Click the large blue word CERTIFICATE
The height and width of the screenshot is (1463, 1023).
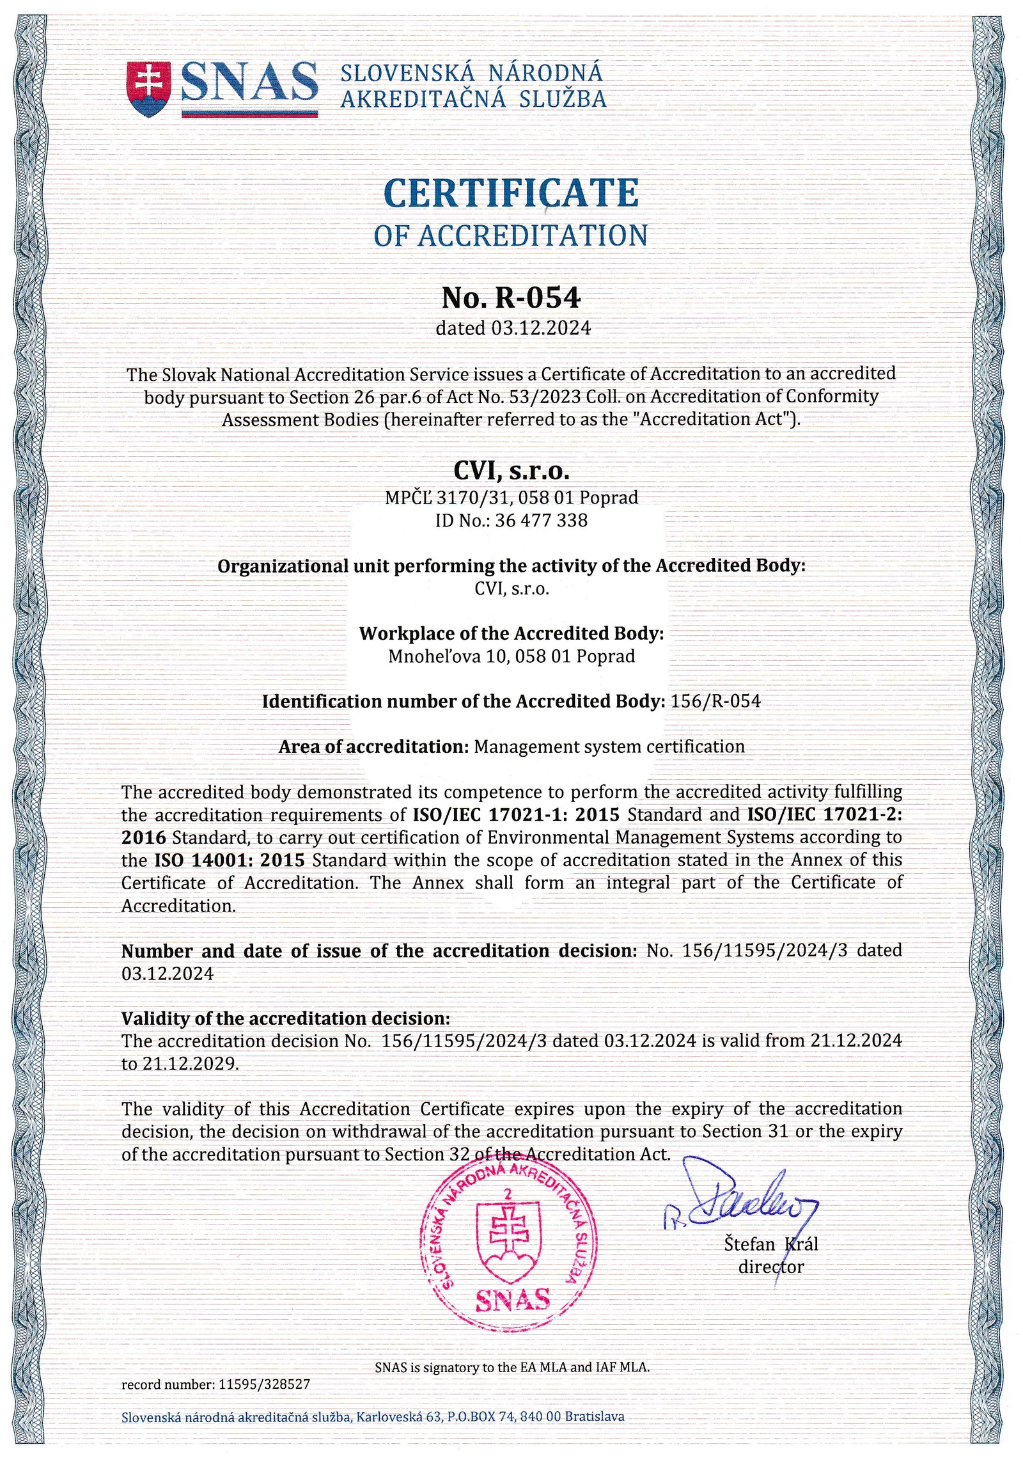pos(511,193)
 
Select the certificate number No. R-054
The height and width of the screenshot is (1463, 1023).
pos(511,297)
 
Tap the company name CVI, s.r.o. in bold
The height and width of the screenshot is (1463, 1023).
pos(511,471)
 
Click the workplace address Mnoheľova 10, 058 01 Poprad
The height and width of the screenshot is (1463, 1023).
pos(511,656)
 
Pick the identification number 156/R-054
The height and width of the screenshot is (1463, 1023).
pos(715,702)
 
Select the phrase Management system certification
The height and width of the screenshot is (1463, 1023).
pos(609,747)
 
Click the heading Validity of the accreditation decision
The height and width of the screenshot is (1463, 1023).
pos(286,1018)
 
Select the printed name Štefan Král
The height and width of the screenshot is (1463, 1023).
pos(770,1244)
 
